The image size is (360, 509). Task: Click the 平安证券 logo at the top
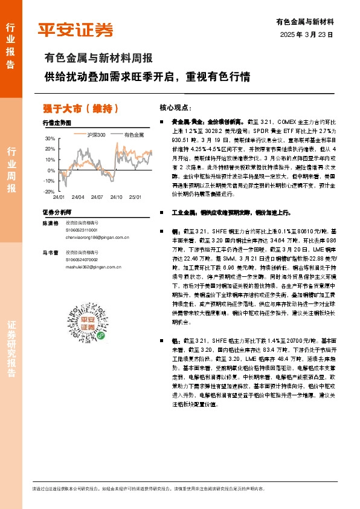(x=75, y=29)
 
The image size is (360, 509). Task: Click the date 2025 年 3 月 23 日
(x=307, y=35)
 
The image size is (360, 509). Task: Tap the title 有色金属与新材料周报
(x=98, y=59)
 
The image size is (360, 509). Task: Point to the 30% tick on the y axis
(x=50, y=138)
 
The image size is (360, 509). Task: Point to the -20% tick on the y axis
(x=49, y=191)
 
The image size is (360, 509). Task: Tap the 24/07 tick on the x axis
(x=97, y=197)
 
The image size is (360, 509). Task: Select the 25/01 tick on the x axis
(x=135, y=197)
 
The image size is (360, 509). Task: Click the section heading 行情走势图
(x=57, y=123)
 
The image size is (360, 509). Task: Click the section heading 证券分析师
(x=57, y=213)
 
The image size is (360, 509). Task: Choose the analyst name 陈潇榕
(x=50, y=224)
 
